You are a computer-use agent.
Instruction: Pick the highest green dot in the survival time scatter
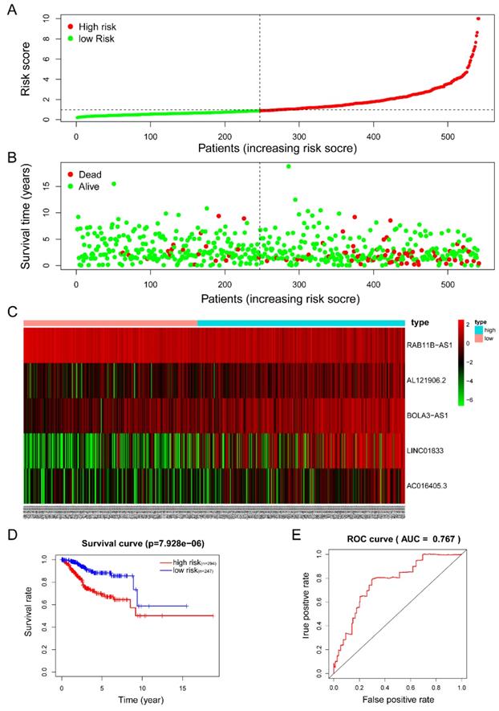tap(288, 166)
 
